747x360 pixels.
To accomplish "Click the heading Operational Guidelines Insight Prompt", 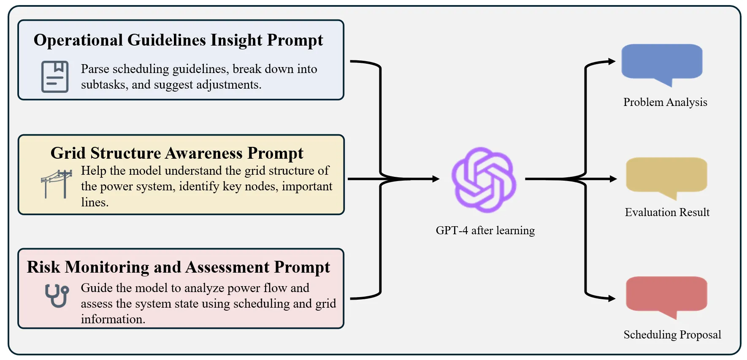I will [x=178, y=40].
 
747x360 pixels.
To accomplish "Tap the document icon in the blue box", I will [x=55, y=76].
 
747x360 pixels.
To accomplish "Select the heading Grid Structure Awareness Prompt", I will [x=177, y=153].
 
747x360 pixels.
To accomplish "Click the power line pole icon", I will [x=57, y=184].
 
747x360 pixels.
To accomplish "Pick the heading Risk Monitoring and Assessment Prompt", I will [x=178, y=267].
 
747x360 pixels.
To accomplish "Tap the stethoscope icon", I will [x=57, y=295].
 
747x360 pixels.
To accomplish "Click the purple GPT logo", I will [x=484, y=179].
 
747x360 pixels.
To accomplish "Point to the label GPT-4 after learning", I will [x=485, y=230].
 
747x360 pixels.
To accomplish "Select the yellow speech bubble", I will [x=666, y=176].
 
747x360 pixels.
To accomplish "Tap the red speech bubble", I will [x=666, y=295].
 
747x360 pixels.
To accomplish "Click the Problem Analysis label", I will [x=665, y=102].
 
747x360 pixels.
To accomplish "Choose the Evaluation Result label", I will [x=667, y=212].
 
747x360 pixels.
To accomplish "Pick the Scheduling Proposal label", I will [x=672, y=335].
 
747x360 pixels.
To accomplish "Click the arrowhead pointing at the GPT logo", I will [x=436, y=179].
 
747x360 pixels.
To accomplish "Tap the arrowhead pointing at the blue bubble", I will [x=612, y=62].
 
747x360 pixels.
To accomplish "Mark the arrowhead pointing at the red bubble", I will [x=612, y=298].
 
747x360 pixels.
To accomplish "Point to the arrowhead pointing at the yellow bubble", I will [x=613, y=179].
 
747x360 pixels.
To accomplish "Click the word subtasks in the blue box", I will [x=104, y=85].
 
